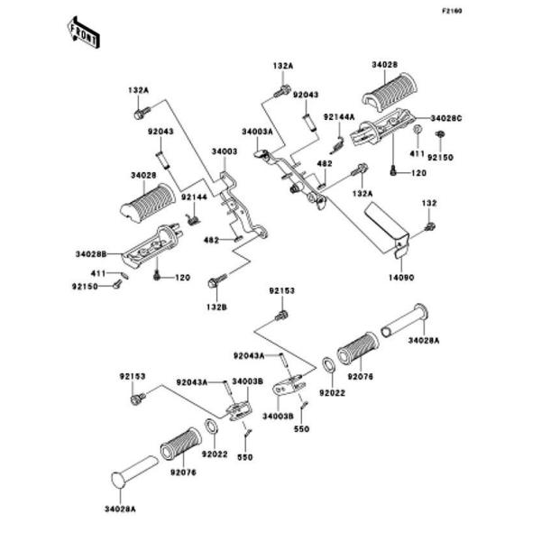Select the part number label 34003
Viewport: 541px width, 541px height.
225,152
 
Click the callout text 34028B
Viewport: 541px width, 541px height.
92,254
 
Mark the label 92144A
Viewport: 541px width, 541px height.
339,117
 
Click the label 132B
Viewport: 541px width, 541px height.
216,307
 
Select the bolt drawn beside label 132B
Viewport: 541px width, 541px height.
215,283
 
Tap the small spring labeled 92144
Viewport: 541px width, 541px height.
191,215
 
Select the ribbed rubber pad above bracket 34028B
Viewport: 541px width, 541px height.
145,197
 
